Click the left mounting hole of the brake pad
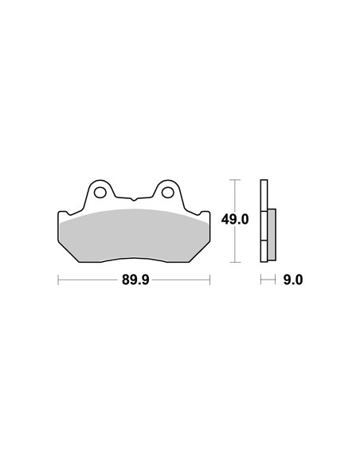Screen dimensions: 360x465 click(x=100, y=193)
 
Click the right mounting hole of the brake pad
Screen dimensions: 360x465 click(x=168, y=193)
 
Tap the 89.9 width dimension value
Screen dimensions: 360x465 click(x=135, y=279)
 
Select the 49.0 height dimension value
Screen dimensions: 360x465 click(x=235, y=220)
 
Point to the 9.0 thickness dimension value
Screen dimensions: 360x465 click(x=293, y=279)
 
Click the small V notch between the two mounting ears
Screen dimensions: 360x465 click(x=134, y=200)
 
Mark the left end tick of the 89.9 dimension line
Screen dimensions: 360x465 click(x=58, y=279)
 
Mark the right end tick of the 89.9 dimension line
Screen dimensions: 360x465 click(x=210, y=279)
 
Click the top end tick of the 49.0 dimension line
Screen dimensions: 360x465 click(x=235, y=180)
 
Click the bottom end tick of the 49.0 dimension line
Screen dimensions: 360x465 click(x=235, y=262)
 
